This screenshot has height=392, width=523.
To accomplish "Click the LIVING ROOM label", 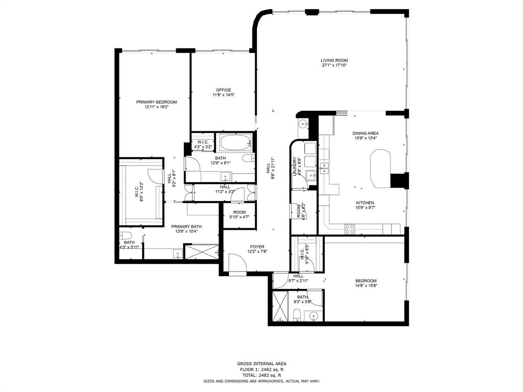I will point(335,60).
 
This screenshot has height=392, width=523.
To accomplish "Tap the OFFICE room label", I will point(223,90).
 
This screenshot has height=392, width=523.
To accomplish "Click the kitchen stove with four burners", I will point(350,229).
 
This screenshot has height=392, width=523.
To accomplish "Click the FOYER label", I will point(257,247).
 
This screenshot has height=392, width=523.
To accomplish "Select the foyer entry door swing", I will point(236,263).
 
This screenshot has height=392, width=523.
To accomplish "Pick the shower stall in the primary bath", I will point(201,252).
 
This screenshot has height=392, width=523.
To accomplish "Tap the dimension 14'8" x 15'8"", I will point(366,286).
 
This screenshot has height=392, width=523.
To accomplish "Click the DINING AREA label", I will point(365,133).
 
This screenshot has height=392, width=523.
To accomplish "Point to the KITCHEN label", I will point(365,203).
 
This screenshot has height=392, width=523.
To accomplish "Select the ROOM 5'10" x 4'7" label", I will point(239,212).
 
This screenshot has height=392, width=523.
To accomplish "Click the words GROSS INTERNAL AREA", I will point(261,364).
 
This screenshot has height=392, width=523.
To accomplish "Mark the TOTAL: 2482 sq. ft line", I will point(261,375).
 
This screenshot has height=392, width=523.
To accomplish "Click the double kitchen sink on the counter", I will point(325,166).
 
